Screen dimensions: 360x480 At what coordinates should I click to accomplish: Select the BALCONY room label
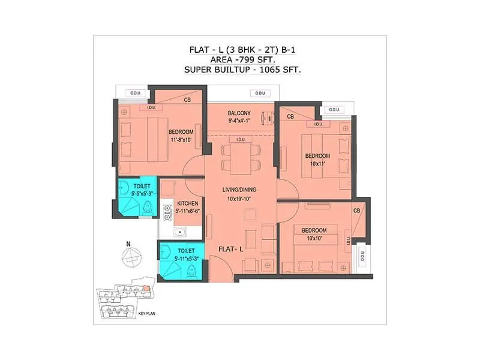[239, 113]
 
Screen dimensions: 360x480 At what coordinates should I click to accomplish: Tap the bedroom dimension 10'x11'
[318, 163]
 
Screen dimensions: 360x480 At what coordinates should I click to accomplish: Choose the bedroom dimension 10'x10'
[314, 239]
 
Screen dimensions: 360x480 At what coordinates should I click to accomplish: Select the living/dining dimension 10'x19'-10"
[239, 198]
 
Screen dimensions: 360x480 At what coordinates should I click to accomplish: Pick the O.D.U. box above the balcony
[260, 93]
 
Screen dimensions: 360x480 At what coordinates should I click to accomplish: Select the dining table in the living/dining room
[240, 157]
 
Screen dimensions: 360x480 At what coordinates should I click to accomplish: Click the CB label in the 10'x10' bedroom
[356, 211]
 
